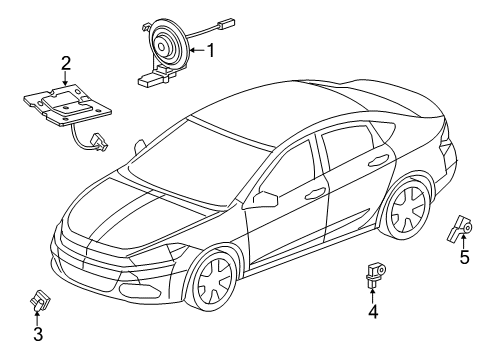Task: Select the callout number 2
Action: [x=66, y=67]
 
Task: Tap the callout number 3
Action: [x=37, y=333]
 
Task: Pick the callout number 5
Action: [x=464, y=257]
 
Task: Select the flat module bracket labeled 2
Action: [x=64, y=106]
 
